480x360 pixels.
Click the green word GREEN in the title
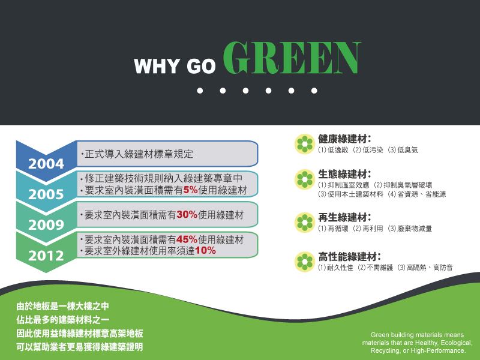pyautogui.click(x=292, y=58)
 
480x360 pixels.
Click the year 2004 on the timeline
pyautogui.click(x=46, y=164)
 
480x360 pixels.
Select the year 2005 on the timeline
pyautogui.click(x=46, y=194)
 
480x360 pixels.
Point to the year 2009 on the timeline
pyautogui.click(x=46, y=225)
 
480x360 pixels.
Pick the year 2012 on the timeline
pyautogui.click(x=46, y=256)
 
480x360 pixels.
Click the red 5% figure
pyautogui.click(x=190, y=190)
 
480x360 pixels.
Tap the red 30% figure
pyautogui.click(x=187, y=215)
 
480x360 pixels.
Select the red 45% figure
pyautogui.click(x=187, y=239)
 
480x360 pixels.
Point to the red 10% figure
pyautogui.click(x=205, y=251)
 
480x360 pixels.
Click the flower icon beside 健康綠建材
pyautogui.click(x=305, y=144)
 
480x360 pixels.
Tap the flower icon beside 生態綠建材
pyautogui.click(x=305, y=179)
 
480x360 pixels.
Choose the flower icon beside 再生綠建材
pyautogui.click(x=305, y=223)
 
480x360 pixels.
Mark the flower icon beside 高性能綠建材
pyautogui.click(x=305, y=262)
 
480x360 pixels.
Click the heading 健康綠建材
pyautogui.click(x=344, y=139)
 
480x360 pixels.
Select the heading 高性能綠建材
pyautogui.click(x=349, y=257)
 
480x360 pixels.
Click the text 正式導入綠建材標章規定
pyautogui.click(x=139, y=154)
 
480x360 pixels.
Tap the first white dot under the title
pyautogui.click(x=200, y=91)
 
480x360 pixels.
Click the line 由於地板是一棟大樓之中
pyautogui.click(x=63, y=306)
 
